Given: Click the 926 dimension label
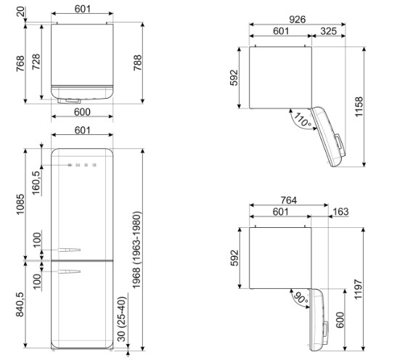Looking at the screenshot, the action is point(298,20).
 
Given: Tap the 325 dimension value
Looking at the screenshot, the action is point(328,31).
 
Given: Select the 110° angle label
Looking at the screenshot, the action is point(302,120).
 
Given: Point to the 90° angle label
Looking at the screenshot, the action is point(300,298).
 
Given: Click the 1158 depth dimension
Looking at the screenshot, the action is point(359,107).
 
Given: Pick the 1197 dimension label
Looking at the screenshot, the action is point(359,289).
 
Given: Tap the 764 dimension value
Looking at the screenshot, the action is point(289,200).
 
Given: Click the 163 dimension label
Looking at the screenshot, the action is point(341,212).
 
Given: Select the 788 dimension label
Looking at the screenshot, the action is point(137,62).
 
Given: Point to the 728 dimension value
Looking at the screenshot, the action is point(36,62).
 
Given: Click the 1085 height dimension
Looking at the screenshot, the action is point(20,204).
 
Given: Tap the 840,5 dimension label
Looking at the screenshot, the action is point(20,304).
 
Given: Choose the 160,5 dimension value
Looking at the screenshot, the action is point(36,183).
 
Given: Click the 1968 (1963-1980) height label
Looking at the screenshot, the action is point(136,250).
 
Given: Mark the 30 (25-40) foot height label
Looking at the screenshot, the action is point(121,319).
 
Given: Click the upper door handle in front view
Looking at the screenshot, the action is point(69,250).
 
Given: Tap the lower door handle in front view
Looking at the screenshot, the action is point(69,271).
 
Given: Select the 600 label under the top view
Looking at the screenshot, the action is point(82,112).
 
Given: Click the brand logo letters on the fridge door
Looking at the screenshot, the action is point(82,165).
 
